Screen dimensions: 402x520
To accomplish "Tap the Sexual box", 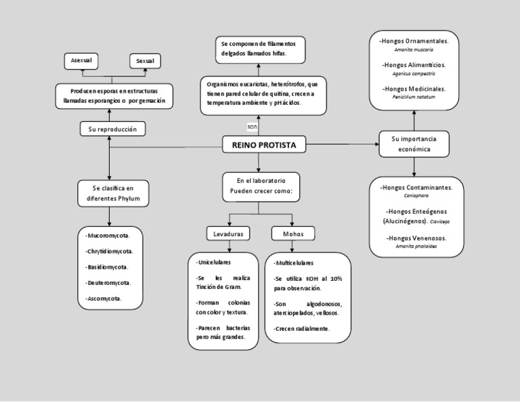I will pos(145,61).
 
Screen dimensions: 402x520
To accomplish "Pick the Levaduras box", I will pos(228,233).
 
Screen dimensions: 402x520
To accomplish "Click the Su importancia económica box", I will pos(414,143).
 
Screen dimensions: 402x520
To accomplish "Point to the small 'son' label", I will pos(252,127).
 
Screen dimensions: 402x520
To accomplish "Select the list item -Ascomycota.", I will pos(104,298).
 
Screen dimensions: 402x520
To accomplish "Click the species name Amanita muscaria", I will pos(414,50).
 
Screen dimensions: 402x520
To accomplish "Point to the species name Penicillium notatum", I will pos(414,97).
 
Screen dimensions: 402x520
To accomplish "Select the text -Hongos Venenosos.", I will pos(416,238).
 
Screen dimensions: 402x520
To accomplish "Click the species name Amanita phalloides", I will pos(416,247).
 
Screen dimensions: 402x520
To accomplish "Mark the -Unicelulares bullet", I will pos(213,262).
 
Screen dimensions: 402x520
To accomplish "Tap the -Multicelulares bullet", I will pos(294,263).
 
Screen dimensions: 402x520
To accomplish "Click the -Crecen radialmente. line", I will pos(302,328).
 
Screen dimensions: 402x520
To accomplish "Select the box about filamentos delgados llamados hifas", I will pos(258,47).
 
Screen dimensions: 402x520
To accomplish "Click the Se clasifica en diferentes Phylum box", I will pos(112,194).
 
